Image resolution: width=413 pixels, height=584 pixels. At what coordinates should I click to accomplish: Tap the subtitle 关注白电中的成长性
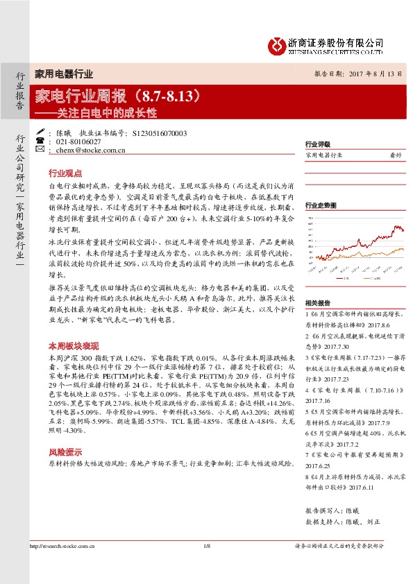(106, 111)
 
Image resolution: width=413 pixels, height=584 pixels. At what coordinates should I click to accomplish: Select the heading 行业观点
(65, 173)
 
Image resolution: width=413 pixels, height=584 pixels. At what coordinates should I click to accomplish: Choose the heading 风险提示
(65, 450)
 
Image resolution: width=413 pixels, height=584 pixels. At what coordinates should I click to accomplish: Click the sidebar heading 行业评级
(315, 145)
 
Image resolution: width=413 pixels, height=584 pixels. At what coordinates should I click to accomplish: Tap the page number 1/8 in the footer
(206, 548)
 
